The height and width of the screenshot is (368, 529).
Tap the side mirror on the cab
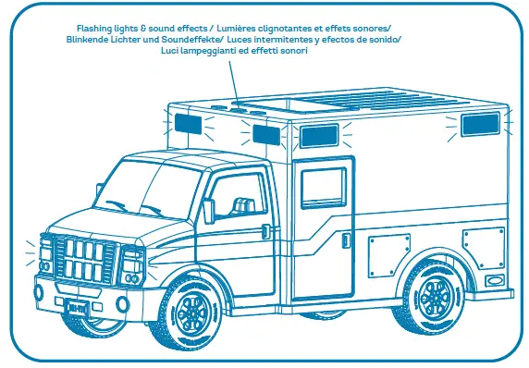(x=208, y=210)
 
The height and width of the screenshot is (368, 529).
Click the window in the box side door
(x=323, y=189)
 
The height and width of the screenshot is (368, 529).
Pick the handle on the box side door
(x=344, y=243)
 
